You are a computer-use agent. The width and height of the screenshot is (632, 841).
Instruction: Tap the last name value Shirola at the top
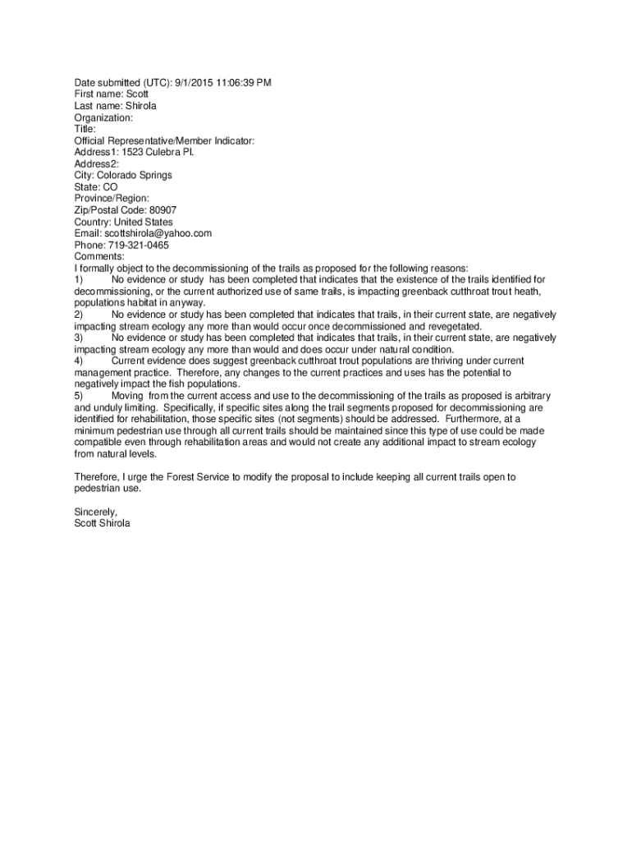click(140, 106)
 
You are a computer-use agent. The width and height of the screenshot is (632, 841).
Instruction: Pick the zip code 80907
click(158, 209)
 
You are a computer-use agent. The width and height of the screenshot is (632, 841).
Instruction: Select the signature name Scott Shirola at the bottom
click(102, 522)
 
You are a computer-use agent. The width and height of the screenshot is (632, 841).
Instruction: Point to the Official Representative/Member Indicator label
click(164, 140)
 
